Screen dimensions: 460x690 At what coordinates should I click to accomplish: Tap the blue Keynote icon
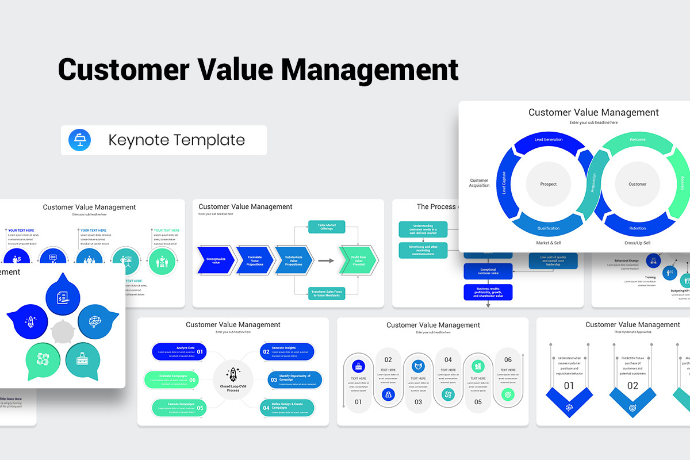[79, 140]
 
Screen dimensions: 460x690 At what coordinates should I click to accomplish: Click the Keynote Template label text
[177, 140]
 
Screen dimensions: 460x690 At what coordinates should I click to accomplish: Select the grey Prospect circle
[548, 185]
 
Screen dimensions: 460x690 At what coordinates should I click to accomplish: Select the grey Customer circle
[637, 185]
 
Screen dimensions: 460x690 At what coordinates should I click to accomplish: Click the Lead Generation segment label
[548, 140]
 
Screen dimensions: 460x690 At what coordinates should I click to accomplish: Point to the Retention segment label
[637, 228]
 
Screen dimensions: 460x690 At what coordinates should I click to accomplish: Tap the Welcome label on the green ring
[637, 140]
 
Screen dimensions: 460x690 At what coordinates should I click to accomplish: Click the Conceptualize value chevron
[216, 260]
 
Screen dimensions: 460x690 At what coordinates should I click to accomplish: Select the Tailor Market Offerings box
[327, 227]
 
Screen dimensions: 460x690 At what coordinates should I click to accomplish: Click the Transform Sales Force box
[327, 293]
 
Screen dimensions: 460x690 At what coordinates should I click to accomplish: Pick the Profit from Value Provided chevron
[359, 260]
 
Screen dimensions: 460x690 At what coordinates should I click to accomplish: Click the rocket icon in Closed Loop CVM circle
[233, 374]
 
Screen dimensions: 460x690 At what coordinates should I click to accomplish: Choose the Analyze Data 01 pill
[179, 351]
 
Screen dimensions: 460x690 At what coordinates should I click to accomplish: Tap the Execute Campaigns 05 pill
[179, 408]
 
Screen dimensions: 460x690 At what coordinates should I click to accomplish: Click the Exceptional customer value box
[488, 271]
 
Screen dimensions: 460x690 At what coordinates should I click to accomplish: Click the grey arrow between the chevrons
[326, 260]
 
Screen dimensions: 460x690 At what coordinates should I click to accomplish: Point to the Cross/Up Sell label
[637, 243]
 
